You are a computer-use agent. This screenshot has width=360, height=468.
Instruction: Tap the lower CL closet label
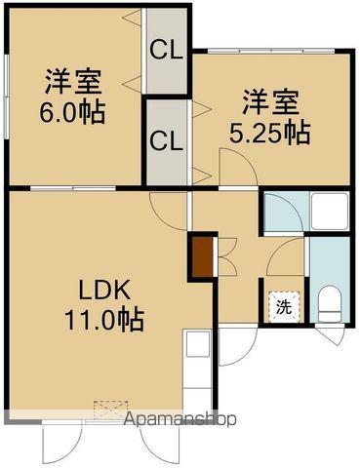click(x=167, y=139)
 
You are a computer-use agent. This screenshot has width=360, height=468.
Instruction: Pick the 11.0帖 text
click(x=102, y=318)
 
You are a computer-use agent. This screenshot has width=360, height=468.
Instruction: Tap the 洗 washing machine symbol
click(x=284, y=305)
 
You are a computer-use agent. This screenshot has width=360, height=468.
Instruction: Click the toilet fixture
click(x=329, y=301)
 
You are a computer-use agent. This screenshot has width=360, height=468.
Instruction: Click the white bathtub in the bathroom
click(x=327, y=211)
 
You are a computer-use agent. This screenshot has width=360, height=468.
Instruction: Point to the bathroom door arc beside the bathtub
click(x=283, y=211)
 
